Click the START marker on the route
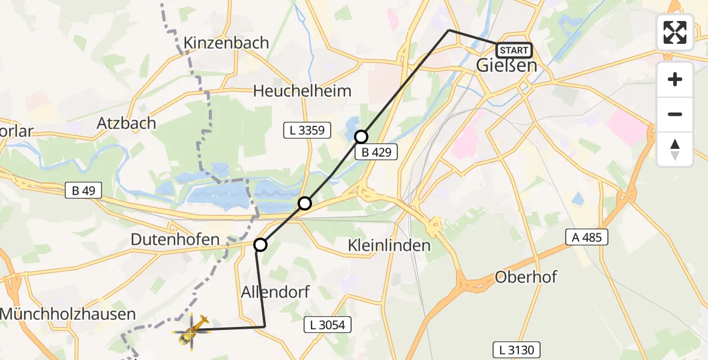pyautogui.click(x=514, y=50)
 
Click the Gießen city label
pyautogui.click(x=506, y=65)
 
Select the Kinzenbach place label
pyautogui.click(x=227, y=43)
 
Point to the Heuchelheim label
pyautogui.click(x=302, y=91)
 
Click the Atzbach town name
pyautogui.click(x=127, y=124)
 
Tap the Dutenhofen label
pyautogui.click(x=175, y=240)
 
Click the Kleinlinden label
pyautogui.click(x=389, y=245)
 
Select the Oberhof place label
pyautogui.click(x=526, y=277)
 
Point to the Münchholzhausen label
pyautogui.click(x=68, y=313)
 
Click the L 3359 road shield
pyautogui.click(x=307, y=130)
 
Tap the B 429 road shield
pyautogui.click(x=376, y=152)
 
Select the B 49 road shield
pyautogui.click(x=83, y=191)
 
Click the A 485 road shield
pyautogui.click(x=587, y=238)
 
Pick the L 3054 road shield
pyautogui.click(x=327, y=325)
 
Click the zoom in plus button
pyautogui.click(x=675, y=79)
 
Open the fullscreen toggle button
pyautogui.click(x=675, y=32)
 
